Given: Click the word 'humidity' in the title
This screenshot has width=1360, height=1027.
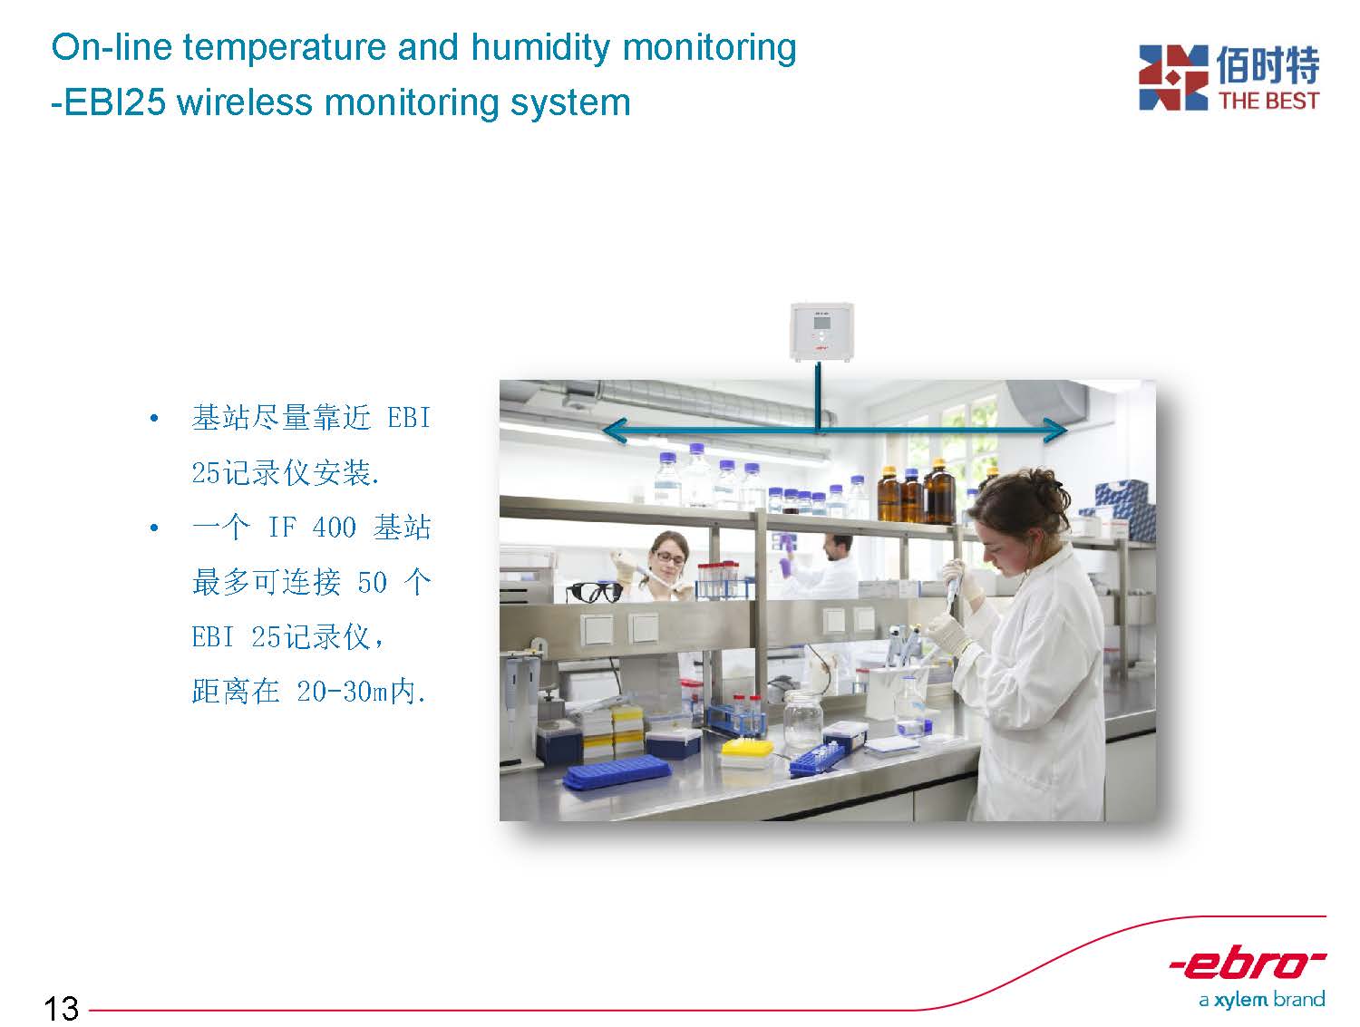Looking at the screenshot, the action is tap(540, 48).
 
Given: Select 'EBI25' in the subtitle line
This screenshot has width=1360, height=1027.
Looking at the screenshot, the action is tap(114, 102).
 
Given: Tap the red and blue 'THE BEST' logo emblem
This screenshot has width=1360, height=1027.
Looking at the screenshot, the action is tap(1173, 77).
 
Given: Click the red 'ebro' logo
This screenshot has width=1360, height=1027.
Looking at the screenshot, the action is tap(1248, 964).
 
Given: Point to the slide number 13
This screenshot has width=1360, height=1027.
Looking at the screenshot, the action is tap(62, 1008).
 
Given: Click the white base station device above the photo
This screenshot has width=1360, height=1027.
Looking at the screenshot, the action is tap(821, 332).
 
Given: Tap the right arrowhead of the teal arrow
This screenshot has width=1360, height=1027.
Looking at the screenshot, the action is tap(1054, 430).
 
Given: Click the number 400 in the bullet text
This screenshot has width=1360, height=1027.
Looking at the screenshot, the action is tap(334, 528).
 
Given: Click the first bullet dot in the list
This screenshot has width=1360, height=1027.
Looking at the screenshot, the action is tap(154, 419).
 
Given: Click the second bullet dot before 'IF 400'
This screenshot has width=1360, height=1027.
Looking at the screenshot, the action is tap(154, 528).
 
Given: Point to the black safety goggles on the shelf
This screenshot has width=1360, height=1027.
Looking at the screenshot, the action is tap(594, 592).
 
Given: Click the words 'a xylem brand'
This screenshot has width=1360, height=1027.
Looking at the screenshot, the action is tap(1262, 1001).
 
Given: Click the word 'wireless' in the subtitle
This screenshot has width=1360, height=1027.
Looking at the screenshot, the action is tap(245, 102).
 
